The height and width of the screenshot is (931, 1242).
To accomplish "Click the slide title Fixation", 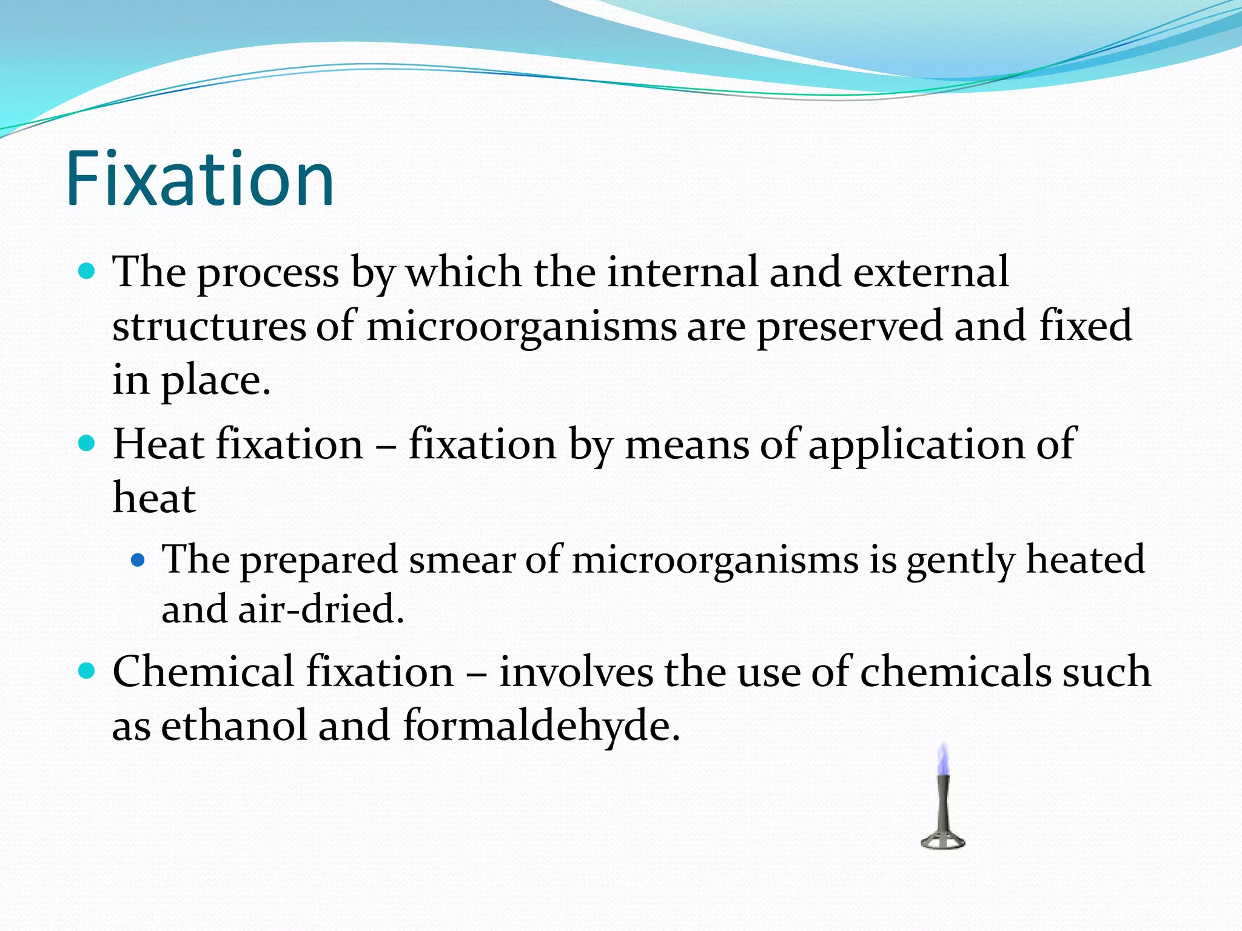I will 200,179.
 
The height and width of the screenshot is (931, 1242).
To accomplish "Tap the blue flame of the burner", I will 942,761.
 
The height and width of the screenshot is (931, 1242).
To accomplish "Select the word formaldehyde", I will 541,726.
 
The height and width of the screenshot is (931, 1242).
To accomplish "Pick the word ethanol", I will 234,726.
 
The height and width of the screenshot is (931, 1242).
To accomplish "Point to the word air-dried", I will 321,609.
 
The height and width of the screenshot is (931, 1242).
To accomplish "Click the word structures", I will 209,326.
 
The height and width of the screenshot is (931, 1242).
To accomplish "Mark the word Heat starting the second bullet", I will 158,444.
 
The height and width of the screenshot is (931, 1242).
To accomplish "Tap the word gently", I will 961,560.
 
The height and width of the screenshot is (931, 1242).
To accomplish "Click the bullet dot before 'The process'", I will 87,270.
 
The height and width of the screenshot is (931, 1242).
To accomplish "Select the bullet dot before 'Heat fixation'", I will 87,443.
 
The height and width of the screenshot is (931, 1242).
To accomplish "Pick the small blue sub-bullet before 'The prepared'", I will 138,559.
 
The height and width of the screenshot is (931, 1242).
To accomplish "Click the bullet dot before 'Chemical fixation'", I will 87,670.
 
